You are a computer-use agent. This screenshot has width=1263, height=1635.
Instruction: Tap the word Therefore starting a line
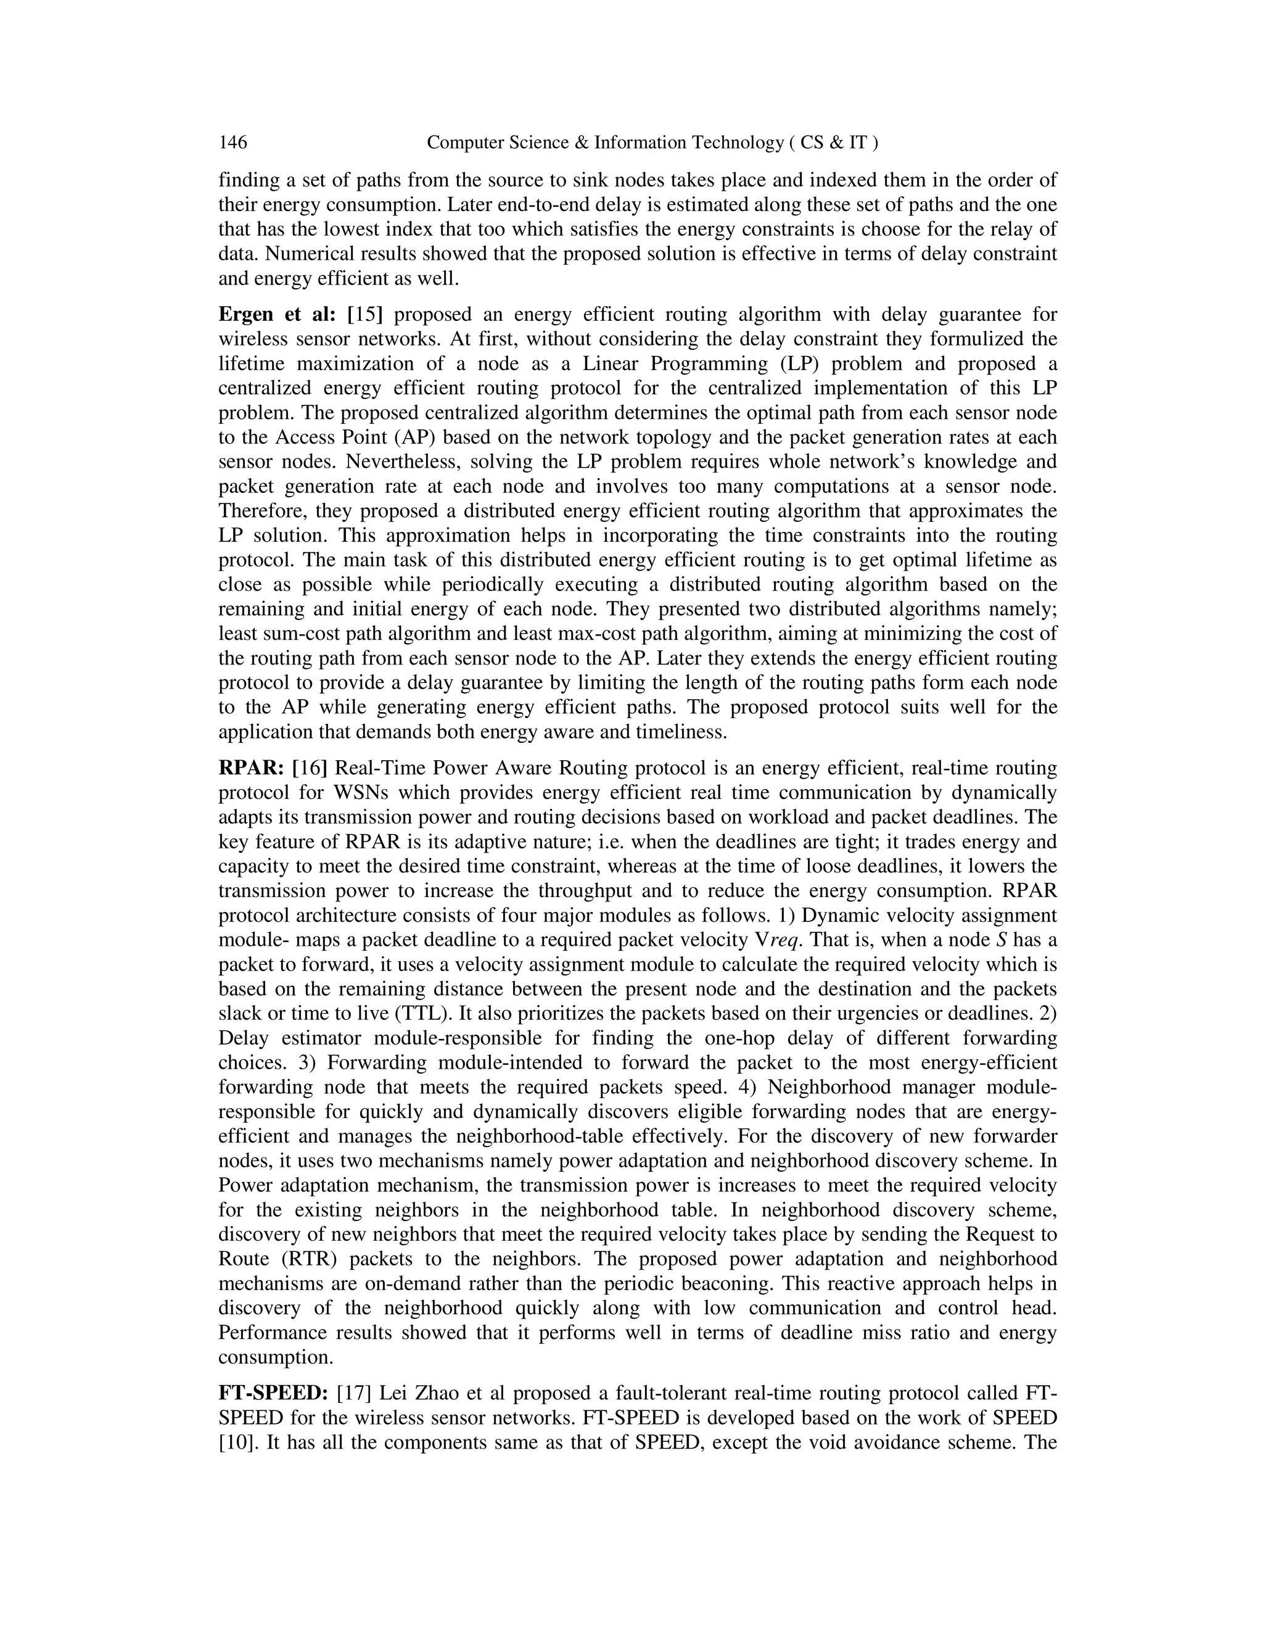261,511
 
